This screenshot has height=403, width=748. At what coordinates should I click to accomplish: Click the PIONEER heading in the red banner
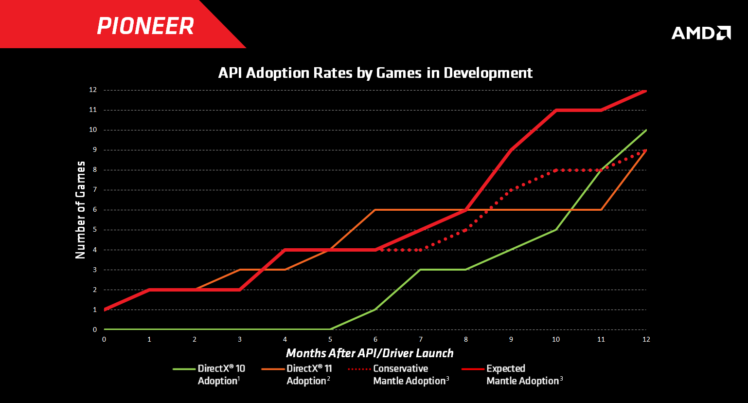click(145, 26)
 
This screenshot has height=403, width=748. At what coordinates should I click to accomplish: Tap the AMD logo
click(701, 33)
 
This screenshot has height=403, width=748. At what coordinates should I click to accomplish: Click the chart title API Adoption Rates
click(375, 73)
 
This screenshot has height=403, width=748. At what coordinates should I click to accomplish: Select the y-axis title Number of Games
click(80, 210)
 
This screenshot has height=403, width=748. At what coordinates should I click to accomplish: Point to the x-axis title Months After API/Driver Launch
click(370, 353)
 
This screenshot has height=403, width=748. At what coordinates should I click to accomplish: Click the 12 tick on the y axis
click(92, 90)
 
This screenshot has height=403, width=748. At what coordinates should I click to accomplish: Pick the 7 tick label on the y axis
click(94, 190)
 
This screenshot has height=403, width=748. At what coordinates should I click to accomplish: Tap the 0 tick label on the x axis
click(104, 339)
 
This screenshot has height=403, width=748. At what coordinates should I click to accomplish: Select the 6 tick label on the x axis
click(375, 339)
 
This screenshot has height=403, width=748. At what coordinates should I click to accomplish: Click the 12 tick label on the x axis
click(646, 339)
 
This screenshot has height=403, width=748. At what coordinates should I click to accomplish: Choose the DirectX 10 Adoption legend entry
click(209, 375)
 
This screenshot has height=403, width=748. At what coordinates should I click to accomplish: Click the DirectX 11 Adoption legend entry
click(297, 375)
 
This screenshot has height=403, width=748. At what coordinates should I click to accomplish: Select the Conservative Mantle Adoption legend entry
click(399, 375)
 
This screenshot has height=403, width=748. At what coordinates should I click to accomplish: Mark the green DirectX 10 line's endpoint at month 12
click(646, 130)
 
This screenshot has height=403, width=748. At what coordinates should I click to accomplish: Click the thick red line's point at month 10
click(555, 110)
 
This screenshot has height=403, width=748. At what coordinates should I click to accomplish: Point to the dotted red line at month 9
click(511, 190)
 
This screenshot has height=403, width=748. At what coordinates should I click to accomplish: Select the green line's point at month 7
click(420, 270)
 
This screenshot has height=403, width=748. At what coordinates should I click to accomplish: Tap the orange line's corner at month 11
click(601, 210)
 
